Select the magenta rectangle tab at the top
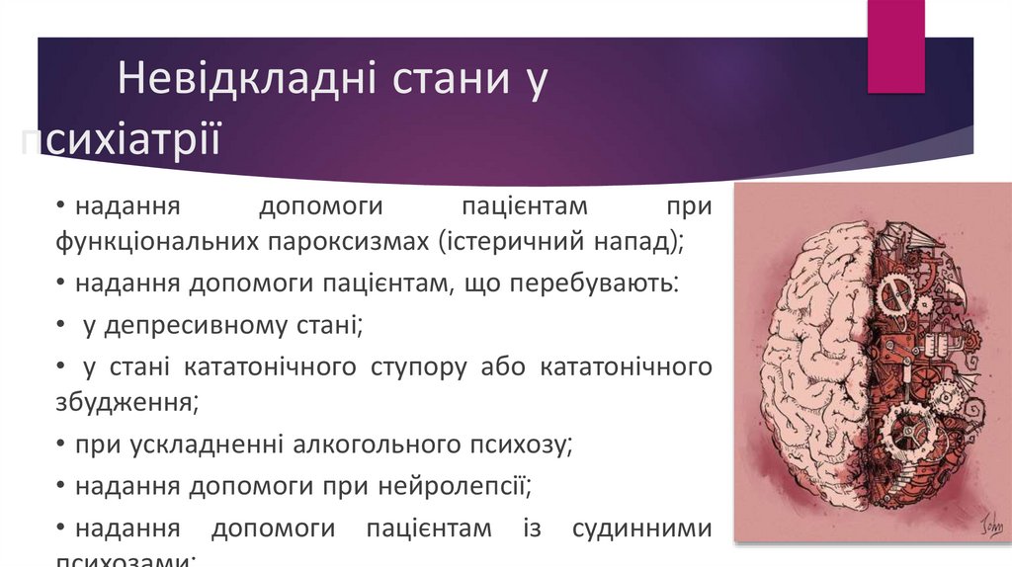pos(895,46)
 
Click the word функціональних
pos(159,241)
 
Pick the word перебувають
pos(593,283)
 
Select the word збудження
pos(126,402)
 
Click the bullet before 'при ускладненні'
pos(62,445)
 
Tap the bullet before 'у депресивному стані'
pos(62,325)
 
